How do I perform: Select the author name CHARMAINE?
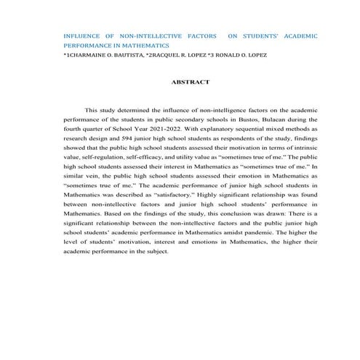[94, 55]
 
